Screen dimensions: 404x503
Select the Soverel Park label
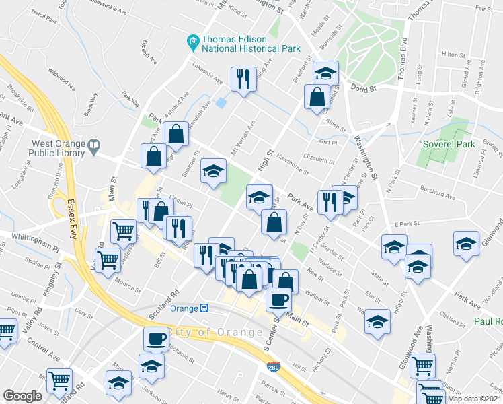449,144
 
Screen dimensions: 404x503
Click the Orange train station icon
203,308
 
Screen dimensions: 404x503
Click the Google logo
22,396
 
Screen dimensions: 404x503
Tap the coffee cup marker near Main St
279,299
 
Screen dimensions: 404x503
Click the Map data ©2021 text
475,399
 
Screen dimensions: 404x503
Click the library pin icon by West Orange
94,144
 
